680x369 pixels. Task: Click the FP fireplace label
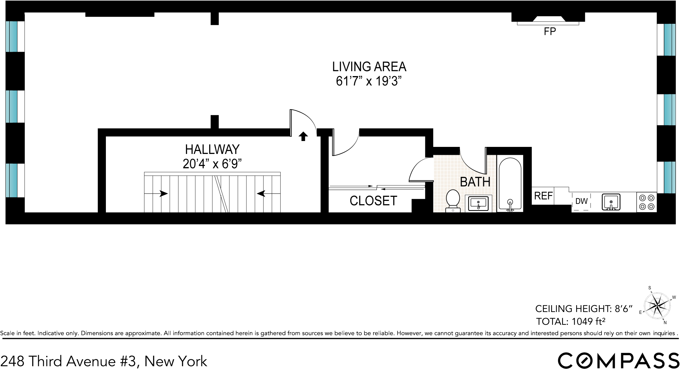550,31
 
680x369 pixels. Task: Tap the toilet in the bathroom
453,199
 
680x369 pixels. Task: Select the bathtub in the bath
510,184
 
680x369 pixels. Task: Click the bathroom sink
478,203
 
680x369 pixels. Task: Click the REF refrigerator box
543,196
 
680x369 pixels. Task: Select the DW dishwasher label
581,201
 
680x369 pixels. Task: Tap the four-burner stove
646,202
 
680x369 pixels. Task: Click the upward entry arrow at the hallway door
303,136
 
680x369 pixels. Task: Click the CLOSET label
373,201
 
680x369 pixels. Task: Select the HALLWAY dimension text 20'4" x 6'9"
212,164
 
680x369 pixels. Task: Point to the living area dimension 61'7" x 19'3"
369,81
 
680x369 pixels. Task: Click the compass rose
657,306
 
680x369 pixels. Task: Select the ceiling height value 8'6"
624,308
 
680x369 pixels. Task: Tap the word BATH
475,182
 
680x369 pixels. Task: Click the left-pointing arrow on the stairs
261,194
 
